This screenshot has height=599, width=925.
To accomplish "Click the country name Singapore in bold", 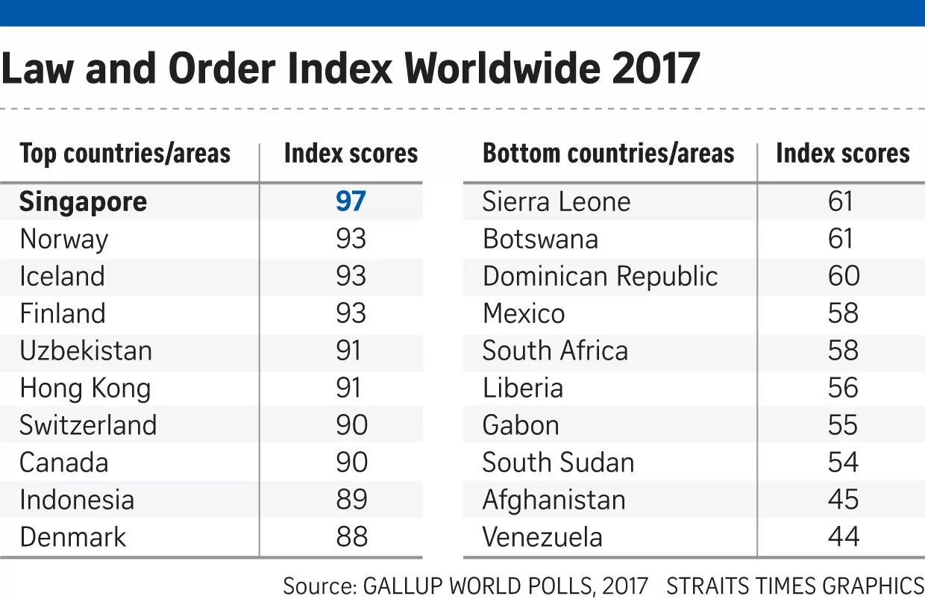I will coord(84,202).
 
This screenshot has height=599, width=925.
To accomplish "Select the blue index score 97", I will coord(351,202).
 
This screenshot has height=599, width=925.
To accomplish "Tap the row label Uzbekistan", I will coord(86,351).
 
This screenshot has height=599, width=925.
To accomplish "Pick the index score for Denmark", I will coord(351,537).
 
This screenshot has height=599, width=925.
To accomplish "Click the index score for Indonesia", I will coord(351,500).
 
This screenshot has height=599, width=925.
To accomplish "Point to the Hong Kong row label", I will coord(85,389).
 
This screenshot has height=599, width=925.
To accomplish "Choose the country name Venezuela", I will coord(542,537).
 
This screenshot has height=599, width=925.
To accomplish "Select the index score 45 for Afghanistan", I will coord(843,500).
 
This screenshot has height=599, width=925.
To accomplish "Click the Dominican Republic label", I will coord(600,277).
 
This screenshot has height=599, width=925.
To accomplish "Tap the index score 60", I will coord(843,277).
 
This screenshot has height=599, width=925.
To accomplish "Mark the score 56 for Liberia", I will coord(843,388).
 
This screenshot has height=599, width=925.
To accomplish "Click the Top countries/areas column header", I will coord(125,154).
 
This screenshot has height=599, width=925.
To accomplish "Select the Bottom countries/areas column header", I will coord(608,154).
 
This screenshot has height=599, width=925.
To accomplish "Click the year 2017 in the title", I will coord(656,69).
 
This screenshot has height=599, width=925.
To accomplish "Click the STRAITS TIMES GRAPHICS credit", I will coord(794,586).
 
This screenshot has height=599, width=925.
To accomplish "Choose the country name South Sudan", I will coord(558,462).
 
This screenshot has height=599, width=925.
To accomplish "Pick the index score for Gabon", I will coord(843,425).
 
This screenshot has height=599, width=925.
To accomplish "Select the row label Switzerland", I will coord(88,425).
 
